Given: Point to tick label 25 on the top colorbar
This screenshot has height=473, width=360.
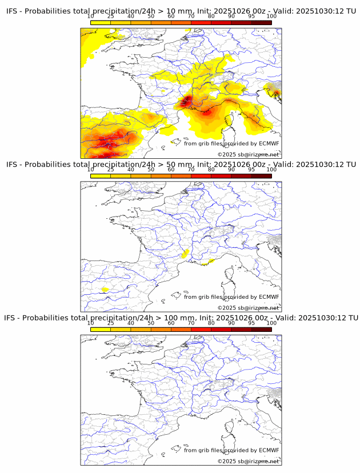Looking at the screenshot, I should pos(111,17).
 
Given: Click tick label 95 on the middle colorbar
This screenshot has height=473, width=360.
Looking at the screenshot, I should pos(251,170).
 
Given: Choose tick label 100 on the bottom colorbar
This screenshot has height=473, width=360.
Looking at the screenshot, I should pos(271,323).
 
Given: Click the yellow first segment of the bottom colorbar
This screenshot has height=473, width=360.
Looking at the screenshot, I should pos(101,329).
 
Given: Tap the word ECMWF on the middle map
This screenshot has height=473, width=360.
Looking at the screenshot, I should pos(269,296).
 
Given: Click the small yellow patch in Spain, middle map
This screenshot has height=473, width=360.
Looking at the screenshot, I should pos(105,290).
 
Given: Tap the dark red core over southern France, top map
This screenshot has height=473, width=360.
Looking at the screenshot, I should pos(186,103).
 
